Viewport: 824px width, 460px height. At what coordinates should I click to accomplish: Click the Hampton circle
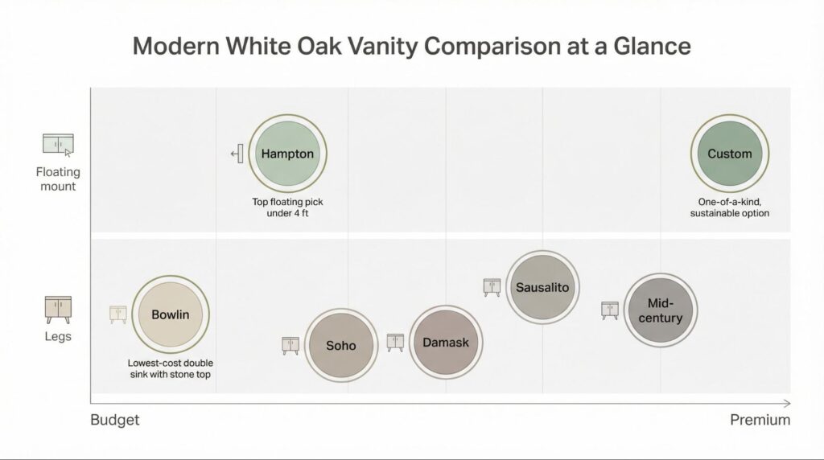click(287, 154)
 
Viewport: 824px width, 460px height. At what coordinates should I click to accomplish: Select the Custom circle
click(729, 154)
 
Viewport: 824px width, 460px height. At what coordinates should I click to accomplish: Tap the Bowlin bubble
click(170, 314)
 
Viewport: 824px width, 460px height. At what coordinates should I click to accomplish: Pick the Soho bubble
click(340, 345)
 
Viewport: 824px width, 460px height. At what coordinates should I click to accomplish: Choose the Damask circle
click(445, 343)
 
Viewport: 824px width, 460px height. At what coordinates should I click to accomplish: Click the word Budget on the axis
click(115, 420)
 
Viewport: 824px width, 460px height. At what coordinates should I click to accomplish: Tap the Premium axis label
click(760, 420)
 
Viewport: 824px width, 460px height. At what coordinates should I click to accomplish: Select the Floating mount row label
click(57, 179)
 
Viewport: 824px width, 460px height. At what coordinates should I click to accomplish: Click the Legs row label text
click(57, 336)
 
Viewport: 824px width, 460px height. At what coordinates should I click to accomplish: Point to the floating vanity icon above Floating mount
click(57, 145)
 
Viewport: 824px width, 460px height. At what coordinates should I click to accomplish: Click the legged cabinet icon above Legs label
click(57, 310)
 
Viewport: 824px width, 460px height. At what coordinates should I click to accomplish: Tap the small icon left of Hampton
click(237, 154)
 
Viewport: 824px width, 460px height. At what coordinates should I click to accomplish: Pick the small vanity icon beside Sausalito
click(492, 286)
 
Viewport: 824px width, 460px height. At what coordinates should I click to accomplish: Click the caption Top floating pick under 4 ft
click(287, 207)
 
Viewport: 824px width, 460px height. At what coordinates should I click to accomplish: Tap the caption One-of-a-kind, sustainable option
click(729, 207)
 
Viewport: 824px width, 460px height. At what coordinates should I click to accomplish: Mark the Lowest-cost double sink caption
click(170, 368)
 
